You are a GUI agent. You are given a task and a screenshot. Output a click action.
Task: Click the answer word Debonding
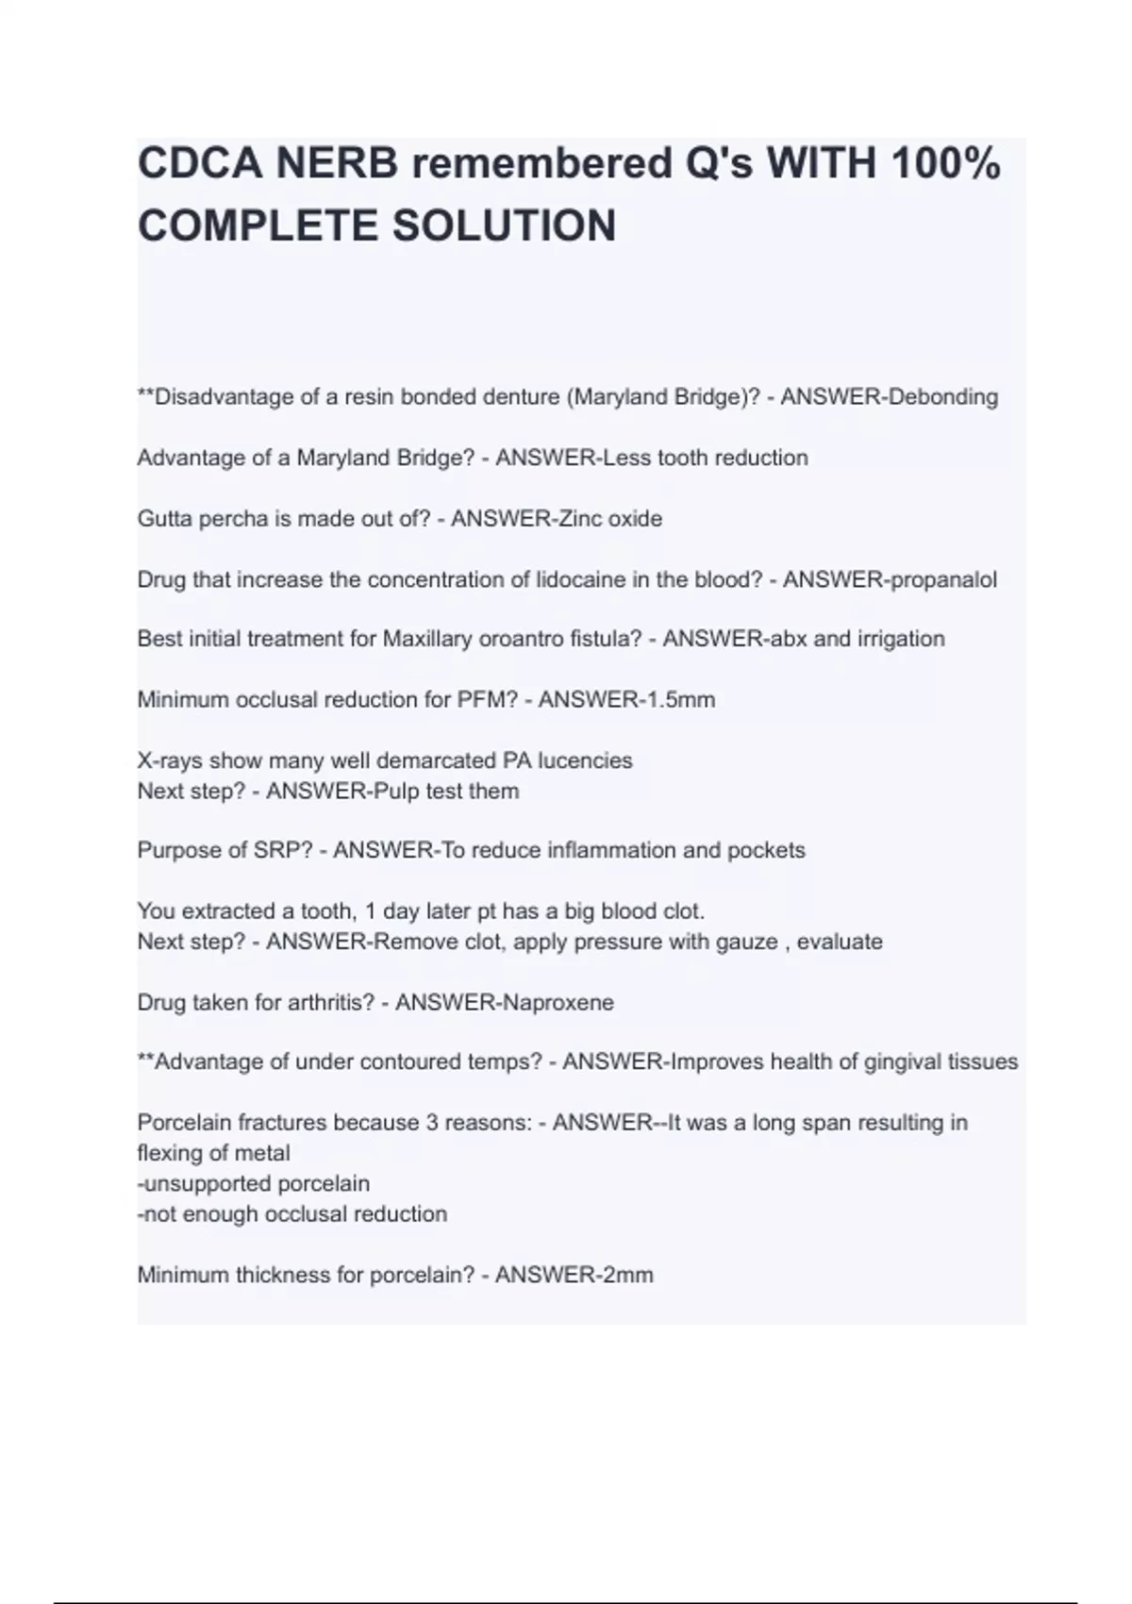pos(943,396)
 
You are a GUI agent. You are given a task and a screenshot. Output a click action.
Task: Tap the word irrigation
pos(900,639)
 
